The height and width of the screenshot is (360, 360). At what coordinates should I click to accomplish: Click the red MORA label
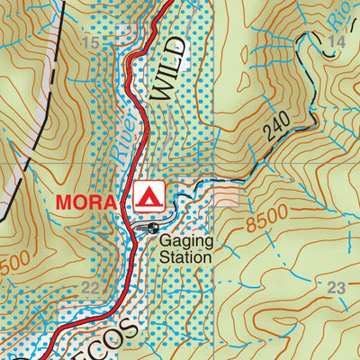pyautogui.click(x=86, y=201)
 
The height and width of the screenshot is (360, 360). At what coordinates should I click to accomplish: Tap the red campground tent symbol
pyautogui.click(x=149, y=194)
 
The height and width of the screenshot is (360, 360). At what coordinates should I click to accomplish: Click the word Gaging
pyautogui.click(x=185, y=241)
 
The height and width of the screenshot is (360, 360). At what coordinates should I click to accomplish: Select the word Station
pyautogui.click(x=186, y=257)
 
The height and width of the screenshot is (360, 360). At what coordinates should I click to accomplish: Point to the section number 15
pyautogui.click(x=90, y=43)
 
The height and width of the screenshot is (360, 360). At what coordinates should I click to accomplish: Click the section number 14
pyautogui.click(x=337, y=41)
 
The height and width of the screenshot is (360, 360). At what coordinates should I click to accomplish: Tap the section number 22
pyautogui.click(x=90, y=288)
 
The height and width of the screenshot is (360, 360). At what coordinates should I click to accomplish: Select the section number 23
pyautogui.click(x=337, y=288)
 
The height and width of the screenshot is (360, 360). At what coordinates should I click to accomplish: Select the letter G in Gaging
pyautogui.click(x=166, y=241)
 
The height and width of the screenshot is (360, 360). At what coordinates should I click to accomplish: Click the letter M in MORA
pyautogui.click(x=65, y=201)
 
